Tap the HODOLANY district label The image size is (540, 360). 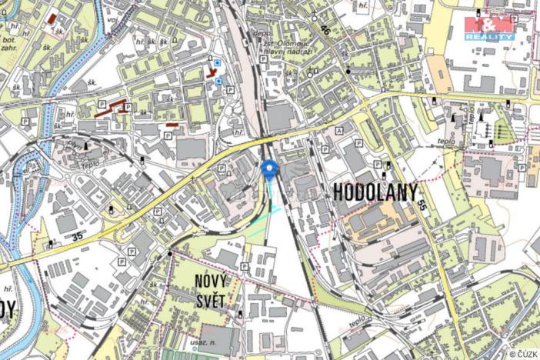[376, 193]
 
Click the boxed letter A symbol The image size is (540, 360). [339, 131]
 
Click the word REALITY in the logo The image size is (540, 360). [489, 36]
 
